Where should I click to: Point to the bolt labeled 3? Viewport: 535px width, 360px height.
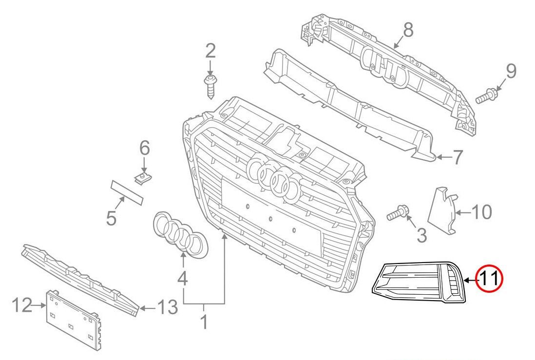click(399, 213)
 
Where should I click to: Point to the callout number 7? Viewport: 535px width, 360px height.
click(458, 157)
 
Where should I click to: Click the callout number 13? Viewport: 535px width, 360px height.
click(167, 307)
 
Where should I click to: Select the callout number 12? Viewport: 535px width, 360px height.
click(21, 305)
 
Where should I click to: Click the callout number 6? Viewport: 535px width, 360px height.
click(145, 148)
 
